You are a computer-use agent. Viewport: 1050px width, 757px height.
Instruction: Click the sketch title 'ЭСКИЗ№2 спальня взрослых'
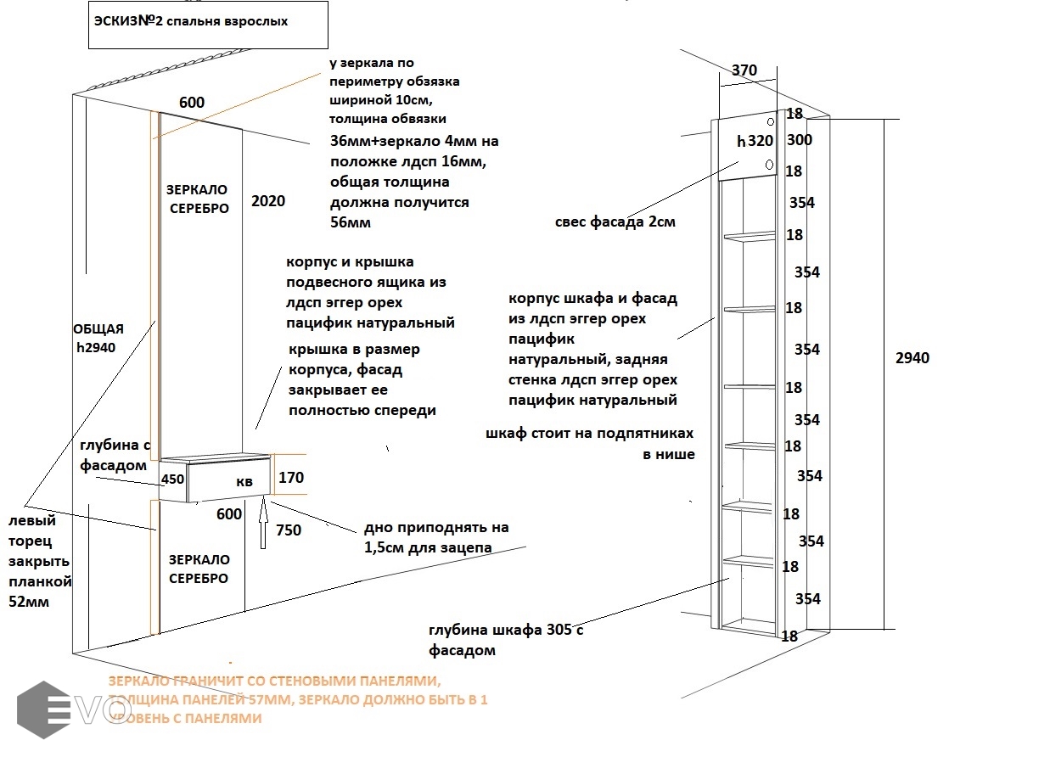[x=191, y=21]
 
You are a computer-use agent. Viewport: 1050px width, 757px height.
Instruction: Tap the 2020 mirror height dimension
[x=268, y=201]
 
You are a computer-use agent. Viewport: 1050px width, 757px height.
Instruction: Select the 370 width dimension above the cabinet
[x=744, y=70]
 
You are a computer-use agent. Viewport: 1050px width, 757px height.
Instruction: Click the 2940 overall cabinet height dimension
[x=912, y=358]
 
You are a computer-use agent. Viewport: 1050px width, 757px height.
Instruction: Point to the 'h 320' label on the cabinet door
[x=755, y=142]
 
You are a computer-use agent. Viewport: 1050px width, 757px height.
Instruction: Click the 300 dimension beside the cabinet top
[x=800, y=140]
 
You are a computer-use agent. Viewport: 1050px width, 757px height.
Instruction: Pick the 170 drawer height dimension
[x=290, y=478]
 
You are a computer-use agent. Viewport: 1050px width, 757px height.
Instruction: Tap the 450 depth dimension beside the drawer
[x=173, y=479]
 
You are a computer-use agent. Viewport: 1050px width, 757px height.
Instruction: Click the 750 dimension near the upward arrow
[x=289, y=530]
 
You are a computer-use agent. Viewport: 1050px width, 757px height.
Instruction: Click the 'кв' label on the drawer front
[x=244, y=481]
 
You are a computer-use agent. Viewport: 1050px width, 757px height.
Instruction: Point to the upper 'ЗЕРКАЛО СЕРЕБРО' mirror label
[x=199, y=199]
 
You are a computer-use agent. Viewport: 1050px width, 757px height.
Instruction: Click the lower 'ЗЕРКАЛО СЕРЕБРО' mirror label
[x=199, y=569]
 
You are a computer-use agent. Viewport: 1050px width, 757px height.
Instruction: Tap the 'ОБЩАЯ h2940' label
[x=98, y=338]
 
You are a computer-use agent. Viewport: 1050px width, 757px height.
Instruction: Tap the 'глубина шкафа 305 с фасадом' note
[x=506, y=640]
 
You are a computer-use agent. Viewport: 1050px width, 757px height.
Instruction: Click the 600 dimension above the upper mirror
[x=192, y=103]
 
